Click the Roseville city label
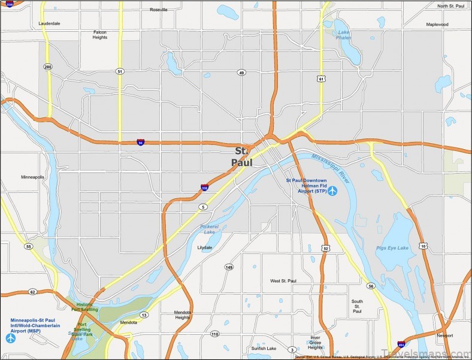[159, 10]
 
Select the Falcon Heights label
[100, 35]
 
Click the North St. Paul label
[451, 6]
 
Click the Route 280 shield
[48, 66]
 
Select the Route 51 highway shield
[120, 71]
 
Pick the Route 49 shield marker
[241, 72]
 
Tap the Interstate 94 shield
[140, 142]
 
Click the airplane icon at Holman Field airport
[332, 191]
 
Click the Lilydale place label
[206, 247]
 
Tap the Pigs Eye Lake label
[392, 247]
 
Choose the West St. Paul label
[283, 280]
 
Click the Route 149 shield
[229, 267]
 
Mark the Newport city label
[445, 335]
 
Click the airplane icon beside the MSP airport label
[10, 338]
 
